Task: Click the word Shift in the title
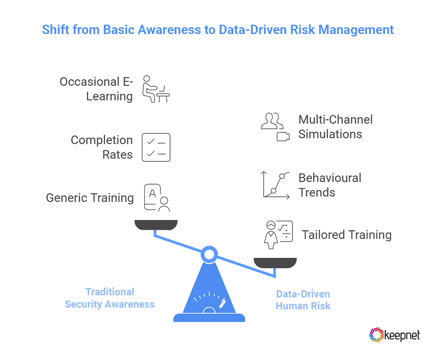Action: (x=55, y=30)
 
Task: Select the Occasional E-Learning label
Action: (x=96, y=89)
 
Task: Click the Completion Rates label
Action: (x=102, y=147)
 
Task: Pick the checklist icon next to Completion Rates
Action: (x=155, y=147)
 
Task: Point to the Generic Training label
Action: (x=90, y=198)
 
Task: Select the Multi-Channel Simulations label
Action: (x=336, y=127)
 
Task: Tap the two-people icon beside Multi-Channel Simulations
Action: (x=271, y=121)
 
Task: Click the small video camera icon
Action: (x=283, y=137)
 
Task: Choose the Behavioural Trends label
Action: (x=330, y=185)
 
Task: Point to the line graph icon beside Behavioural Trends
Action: (x=275, y=185)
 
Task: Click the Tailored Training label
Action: (x=347, y=235)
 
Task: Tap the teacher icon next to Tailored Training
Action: (x=278, y=235)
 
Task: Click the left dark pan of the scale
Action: (x=156, y=224)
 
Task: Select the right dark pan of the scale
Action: (x=275, y=263)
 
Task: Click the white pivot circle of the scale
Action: (x=209, y=254)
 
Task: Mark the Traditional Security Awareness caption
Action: (x=109, y=298)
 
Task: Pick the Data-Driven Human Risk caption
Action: (x=303, y=300)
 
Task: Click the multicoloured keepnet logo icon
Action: (x=376, y=334)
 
